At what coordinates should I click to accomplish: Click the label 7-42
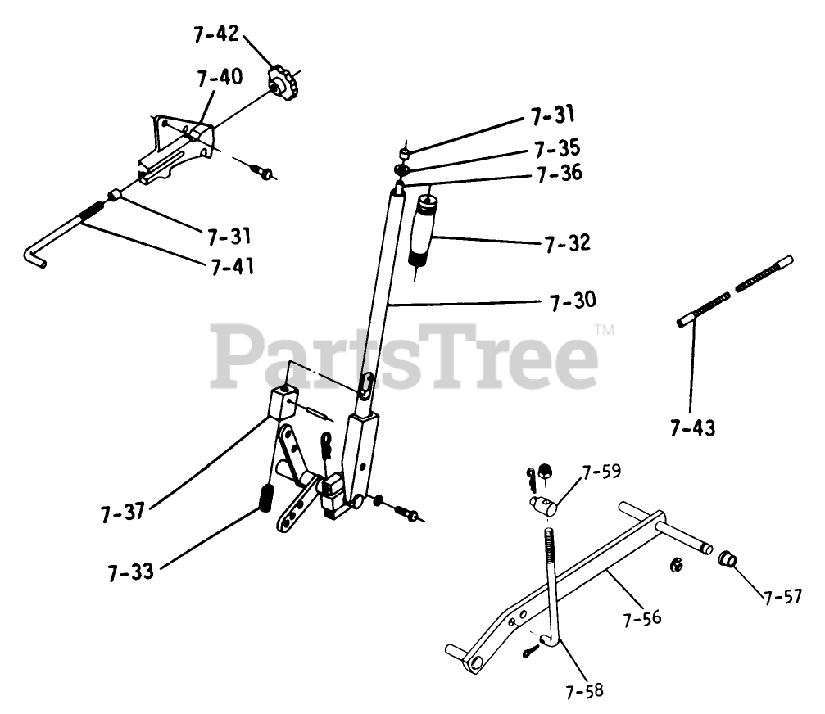click(217, 35)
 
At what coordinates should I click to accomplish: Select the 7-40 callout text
click(220, 78)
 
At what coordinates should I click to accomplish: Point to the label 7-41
click(232, 266)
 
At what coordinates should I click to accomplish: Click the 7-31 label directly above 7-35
click(553, 116)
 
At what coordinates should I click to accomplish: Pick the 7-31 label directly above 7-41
click(229, 237)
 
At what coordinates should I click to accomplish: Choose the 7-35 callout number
click(556, 149)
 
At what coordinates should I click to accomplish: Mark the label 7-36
click(558, 174)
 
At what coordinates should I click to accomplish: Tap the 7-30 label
click(573, 301)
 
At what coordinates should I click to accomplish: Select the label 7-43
click(692, 427)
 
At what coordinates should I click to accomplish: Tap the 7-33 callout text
click(130, 570)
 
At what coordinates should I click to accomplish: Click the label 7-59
click(602, 472)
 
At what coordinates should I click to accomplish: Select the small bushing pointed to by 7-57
click(727, 561)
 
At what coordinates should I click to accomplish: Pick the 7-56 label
click(641, 619)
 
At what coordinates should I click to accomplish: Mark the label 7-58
click(584, 691)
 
